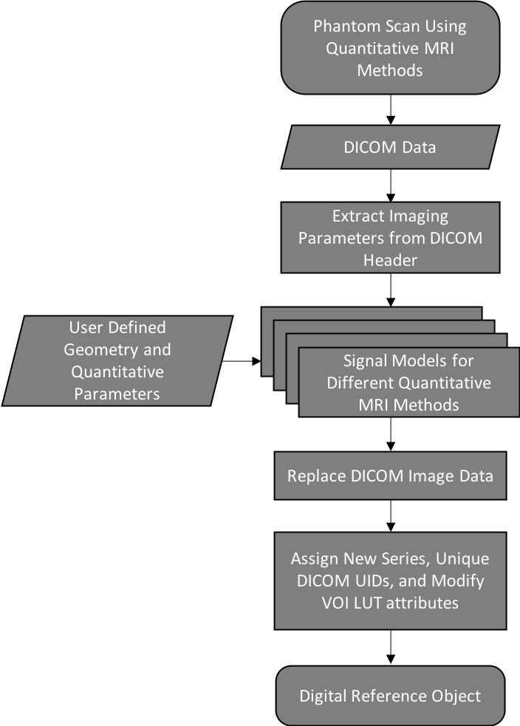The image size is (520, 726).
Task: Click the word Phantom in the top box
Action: tap(343, 27)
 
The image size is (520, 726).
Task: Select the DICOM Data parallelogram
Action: tap(390, 147)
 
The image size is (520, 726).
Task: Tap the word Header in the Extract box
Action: tap(390, 261)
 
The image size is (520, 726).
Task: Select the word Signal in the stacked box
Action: tap(366, 362)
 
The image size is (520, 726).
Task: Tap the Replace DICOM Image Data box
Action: tap(390, 475)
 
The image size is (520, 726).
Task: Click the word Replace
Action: tap(316, 475)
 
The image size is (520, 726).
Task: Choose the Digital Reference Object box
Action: tap(390, 696)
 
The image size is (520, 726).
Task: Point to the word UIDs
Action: tap(377, 581)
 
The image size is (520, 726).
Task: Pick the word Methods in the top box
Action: tap(390, 70)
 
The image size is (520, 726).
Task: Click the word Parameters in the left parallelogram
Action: tap(117, 393)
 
